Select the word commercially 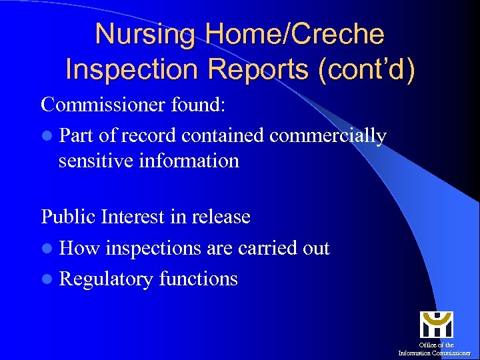click(328, 136)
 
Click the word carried click(263, 248)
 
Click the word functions click(198, 279)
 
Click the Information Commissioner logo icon click(436, 325)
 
